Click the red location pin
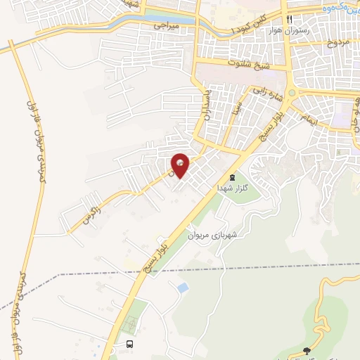pyautogui.click(x=181, y=165)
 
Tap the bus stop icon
pyautogui.click(x=129, y=344)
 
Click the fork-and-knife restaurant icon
pyautogui.click(x=290, y=19)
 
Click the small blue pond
pyautogui.click(x=183, y=288)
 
